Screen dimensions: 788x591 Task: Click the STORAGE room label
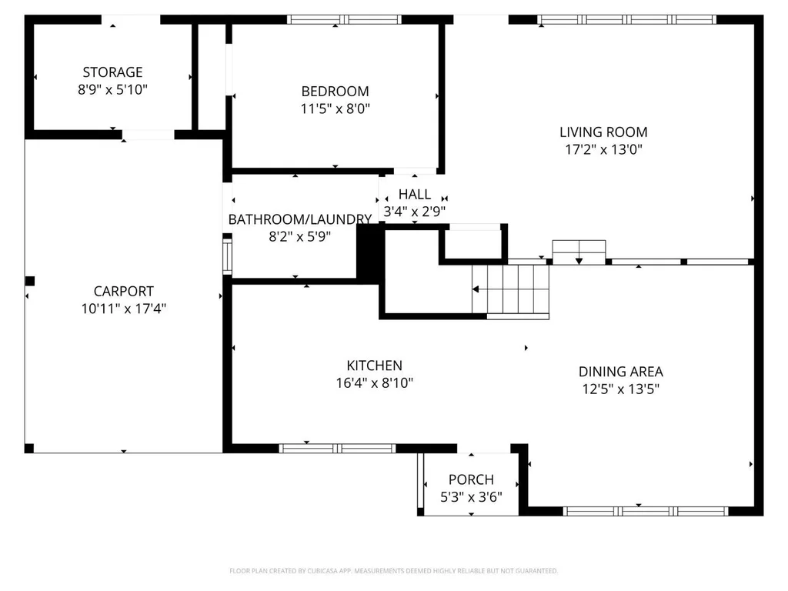pos(112,72)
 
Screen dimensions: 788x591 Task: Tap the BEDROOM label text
pos(336,92)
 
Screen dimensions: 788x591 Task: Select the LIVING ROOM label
pos(603,132)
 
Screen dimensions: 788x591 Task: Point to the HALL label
pos(415,195)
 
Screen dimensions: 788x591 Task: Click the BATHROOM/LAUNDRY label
pos(300,219)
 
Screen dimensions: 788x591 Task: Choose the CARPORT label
pos(124,292)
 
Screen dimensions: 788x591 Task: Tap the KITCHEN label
pos(375,366)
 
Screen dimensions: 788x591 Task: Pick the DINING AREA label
pos(621,372)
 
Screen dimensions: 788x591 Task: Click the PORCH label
pos(472,480)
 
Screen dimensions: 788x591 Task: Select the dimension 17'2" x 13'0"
pos(603,150)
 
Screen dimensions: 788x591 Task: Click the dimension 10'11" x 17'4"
pos(124,309)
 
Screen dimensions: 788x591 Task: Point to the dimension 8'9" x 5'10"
pos(112,90)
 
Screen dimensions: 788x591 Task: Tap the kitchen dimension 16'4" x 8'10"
pos(375,383)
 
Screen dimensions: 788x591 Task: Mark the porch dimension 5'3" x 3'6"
pos(472,498)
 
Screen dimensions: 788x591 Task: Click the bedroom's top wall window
pos(344,19)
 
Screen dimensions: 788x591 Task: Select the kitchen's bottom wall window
pos(337,449)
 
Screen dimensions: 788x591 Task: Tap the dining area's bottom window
pos(646,511)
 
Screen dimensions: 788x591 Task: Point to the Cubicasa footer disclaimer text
pos(393,571)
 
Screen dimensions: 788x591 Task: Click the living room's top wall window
pos(626,19)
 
